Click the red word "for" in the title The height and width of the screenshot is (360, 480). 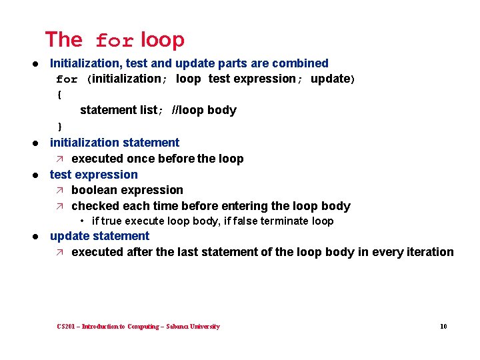(x=115, y=41)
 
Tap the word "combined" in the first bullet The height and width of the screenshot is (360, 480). (x=303, y=63)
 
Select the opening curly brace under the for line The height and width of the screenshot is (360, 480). (x=59, y=95)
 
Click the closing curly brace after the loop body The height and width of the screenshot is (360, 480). (x=59, y=126)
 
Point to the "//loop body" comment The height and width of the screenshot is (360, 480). (x=204, y=110)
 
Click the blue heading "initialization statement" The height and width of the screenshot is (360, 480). (x=115, y=143)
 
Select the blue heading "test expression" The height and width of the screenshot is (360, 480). (x=94, y=175)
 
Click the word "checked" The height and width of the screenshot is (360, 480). (x=94, y=206)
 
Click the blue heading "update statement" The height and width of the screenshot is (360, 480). (x=100, y=236)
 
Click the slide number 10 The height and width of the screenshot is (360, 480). (x=443, y=327)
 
